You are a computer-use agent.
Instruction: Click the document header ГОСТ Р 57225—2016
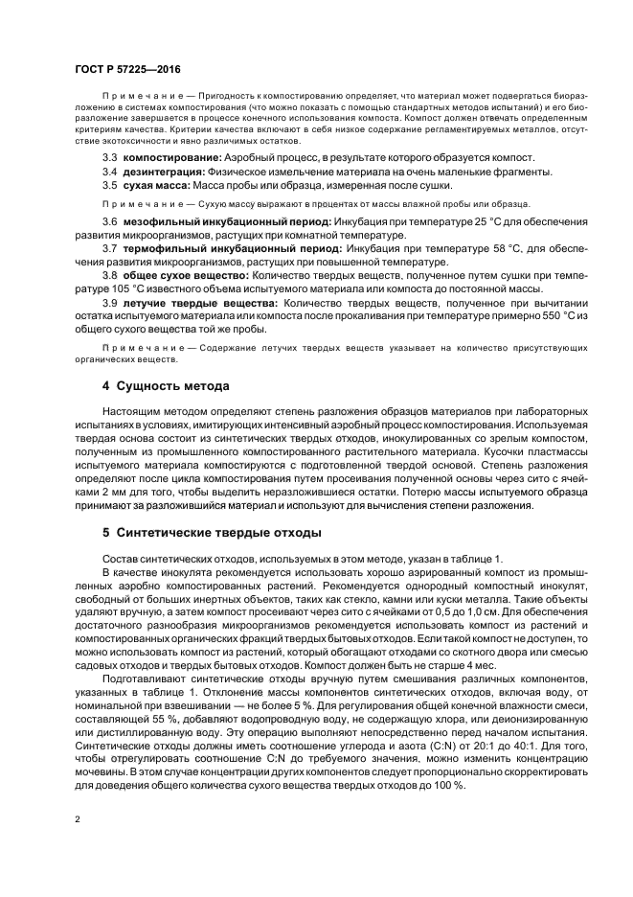128,70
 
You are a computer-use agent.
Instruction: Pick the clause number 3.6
110,221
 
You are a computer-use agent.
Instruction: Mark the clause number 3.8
110,276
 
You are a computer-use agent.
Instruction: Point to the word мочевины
103,771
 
